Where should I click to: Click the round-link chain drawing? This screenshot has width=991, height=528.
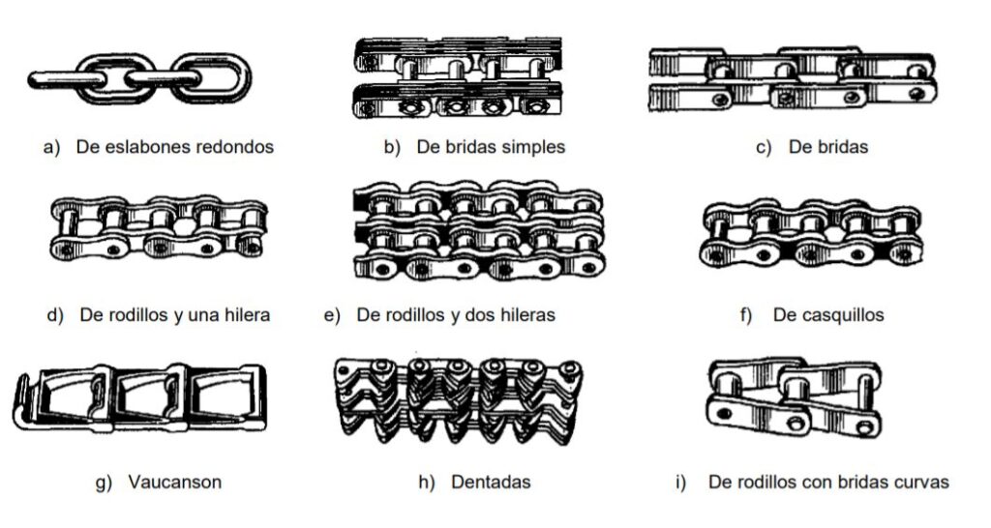coord(139,78)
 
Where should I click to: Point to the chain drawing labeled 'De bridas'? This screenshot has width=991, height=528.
coord(793,79)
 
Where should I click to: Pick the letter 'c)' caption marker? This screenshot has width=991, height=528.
coord(764,148)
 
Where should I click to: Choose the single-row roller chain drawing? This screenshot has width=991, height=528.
coord(158,228)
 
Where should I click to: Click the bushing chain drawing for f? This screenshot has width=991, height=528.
coord(811,232)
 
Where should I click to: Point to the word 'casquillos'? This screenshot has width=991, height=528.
coord(828,315)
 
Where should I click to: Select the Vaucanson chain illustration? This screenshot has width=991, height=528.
coord(139,397)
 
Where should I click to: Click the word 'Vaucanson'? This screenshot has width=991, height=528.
coord(175,483)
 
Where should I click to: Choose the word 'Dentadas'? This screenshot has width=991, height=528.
coord(491,483)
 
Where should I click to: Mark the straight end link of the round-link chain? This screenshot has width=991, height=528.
coord(67,79)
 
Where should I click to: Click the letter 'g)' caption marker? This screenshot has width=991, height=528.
coord(104,484)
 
